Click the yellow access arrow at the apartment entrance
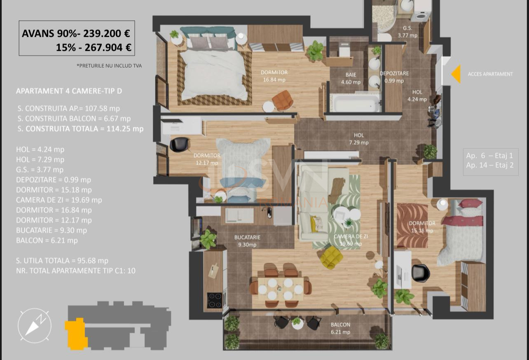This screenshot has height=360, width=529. click(x=456, y=74)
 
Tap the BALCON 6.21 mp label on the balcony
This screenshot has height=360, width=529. click(x=340, y=328)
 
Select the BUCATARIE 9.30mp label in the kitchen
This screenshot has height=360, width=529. click(x=247, y=241)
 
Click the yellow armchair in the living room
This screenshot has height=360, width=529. click(x=332, y=257)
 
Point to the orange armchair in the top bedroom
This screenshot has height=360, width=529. click(x=283, y=101)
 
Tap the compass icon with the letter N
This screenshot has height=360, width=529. click(x=35, y=325)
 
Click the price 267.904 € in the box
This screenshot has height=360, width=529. click(x=108, y=47)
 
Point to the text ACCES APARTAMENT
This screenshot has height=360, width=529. click(x=490, y=74)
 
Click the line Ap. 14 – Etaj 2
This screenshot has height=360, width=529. click(x=490, y=165)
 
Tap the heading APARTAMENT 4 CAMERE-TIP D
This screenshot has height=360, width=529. click(x=69, y=91)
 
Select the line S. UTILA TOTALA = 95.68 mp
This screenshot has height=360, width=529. click(x=62, y=260)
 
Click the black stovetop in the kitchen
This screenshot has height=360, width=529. click(x=214, y=300)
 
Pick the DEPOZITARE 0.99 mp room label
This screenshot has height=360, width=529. click(x=394, y=77)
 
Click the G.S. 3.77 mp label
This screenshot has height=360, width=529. click(x=407, y=32)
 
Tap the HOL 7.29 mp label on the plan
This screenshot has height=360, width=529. click(x=358, y=139)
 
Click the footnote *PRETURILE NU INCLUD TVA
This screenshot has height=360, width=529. click(x=109, y=65)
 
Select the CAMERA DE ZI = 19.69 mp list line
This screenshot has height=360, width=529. click(x=59, y=200)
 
